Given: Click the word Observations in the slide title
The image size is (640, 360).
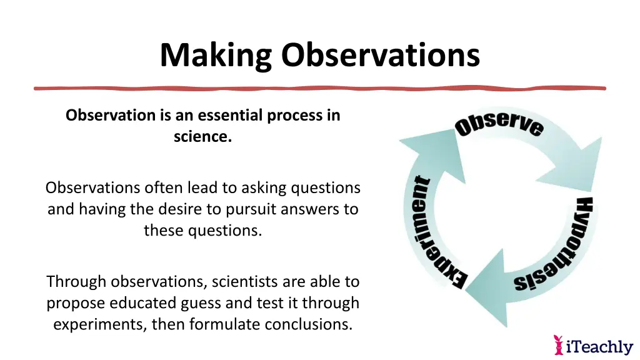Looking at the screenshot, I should click(380, 55).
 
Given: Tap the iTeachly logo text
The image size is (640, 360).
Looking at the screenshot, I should click(599, 346).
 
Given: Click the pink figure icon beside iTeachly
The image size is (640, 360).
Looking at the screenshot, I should click(559, 344).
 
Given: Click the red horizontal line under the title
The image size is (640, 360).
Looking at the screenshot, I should click(320, 88).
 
